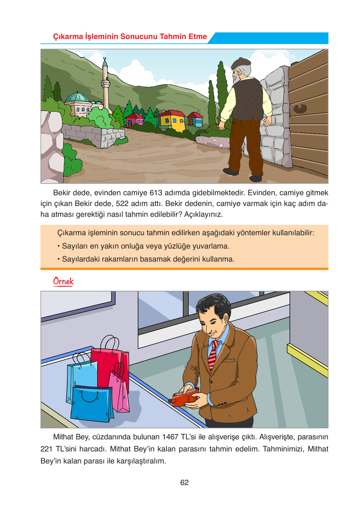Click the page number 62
coord(184,483)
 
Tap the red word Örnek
coord(63,281)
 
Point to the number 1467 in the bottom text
coord(170,437)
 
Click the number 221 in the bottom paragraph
coord(47,449)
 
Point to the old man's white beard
coord(236,76)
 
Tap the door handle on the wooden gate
coord(300,109)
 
